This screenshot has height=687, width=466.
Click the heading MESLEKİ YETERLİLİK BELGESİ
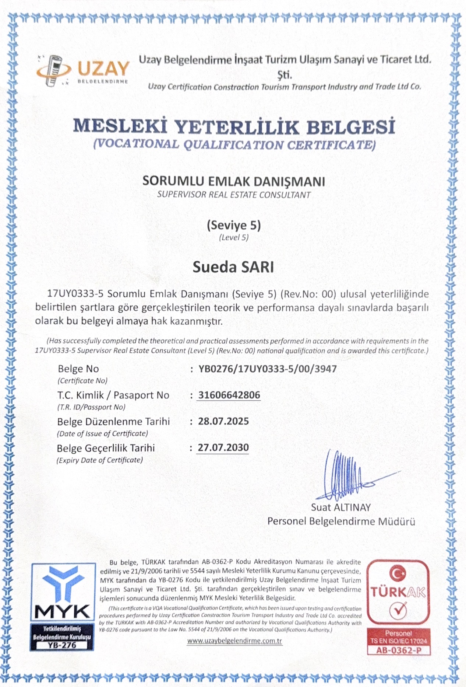pyautogui.click(x=234, y=126)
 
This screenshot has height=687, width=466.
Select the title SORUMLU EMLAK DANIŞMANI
pyautogui.click(x=234, y=181)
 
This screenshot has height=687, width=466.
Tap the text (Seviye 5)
pyautogui.click(x=234, y=225)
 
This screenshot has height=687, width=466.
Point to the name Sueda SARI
pyautogui.click(x=233, y=267)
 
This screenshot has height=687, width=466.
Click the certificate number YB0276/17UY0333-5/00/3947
pyautogui.click(x=267, y=369)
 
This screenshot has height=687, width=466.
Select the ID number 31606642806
pyautogui.click(x=229, y=395)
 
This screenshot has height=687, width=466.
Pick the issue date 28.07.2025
pyautogui.click(x=223, y=421)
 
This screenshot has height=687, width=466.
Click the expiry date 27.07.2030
pyautogui.click(x=223, y=447)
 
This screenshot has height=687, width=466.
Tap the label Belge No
pyautogui.click(x=78, y=369)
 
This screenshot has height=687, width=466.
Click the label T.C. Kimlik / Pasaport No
pyautogui.click(x=113, y=395)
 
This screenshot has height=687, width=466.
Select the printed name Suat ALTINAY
pyautogui.click(x=341, y=508)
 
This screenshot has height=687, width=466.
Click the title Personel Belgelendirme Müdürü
pyautogui.click(x=341, y=522)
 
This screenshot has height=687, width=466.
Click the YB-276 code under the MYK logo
pyautogui.click(x=62, y=645)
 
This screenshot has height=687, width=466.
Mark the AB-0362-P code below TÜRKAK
pyautogui.click(x=399, y=651)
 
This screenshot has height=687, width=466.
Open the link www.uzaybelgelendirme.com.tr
pyautogui.click(x=234, y=641)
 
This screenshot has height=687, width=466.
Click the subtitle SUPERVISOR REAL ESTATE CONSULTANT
pyautogui.click(x=234, y=195)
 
